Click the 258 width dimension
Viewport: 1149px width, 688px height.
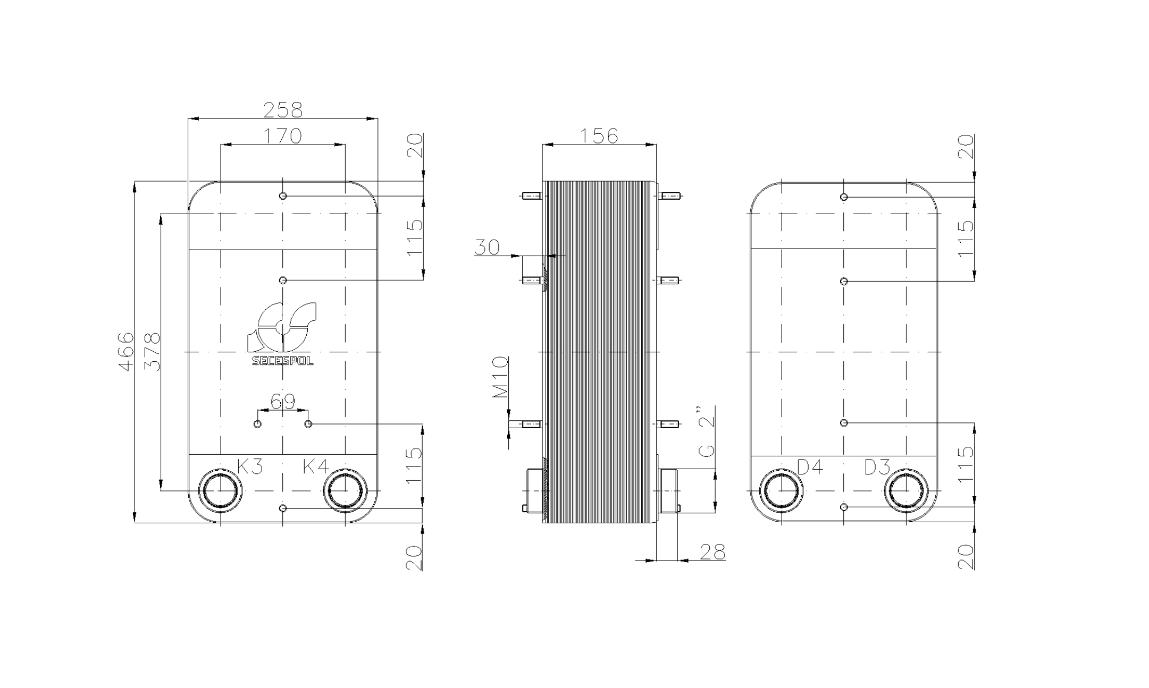(283, 110)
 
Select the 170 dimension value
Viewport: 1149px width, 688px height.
(282, 136)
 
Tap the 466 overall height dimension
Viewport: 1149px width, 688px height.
(126, 352)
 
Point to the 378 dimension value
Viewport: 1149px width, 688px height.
(152, 352)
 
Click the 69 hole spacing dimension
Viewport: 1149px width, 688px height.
(283, 402)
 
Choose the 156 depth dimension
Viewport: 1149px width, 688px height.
(599, 136)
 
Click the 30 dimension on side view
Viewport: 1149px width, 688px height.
(487, 248)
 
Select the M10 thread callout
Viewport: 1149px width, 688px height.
(500, 378)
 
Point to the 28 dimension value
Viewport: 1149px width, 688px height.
(712, 553)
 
